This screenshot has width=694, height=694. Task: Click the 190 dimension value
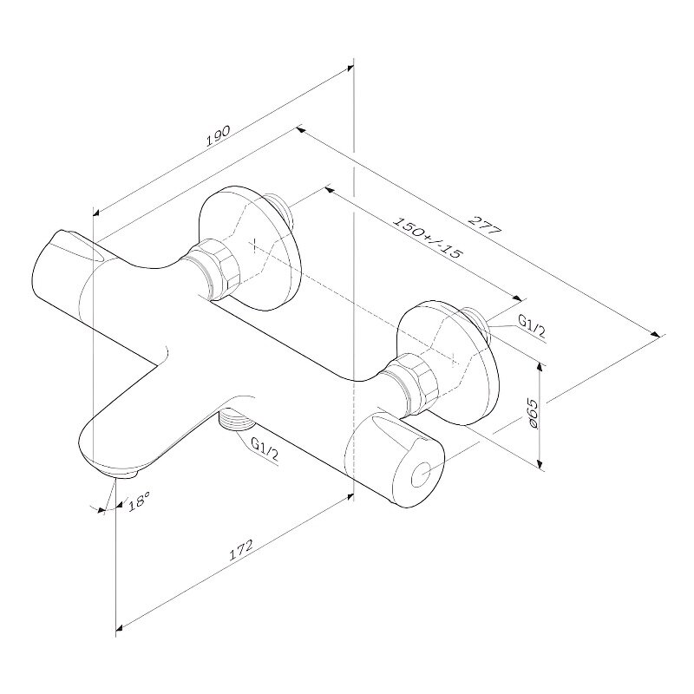(219, 135)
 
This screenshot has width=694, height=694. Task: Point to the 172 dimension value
(240, 549)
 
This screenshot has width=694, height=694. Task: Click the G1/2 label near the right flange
(532, 329)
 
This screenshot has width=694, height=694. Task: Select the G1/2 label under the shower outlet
(265, 448)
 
